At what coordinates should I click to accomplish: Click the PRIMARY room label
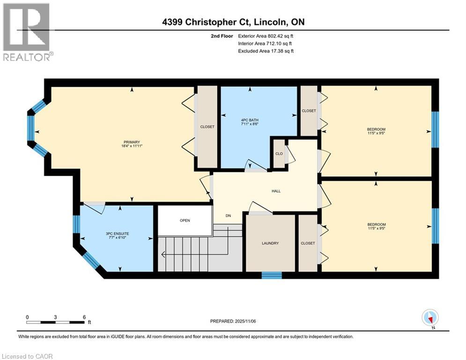132,142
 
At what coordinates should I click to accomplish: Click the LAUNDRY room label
270,243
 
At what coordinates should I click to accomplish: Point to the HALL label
276,191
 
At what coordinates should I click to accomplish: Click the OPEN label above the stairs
185,220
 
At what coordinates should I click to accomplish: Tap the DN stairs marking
228,216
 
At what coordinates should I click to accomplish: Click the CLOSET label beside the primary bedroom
207,127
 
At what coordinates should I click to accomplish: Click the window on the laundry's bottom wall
271,275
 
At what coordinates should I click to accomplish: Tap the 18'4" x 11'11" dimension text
132,147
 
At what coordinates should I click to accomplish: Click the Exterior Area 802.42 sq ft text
266,36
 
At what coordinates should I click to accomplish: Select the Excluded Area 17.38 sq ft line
266,51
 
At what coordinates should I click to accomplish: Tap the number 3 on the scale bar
55,317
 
